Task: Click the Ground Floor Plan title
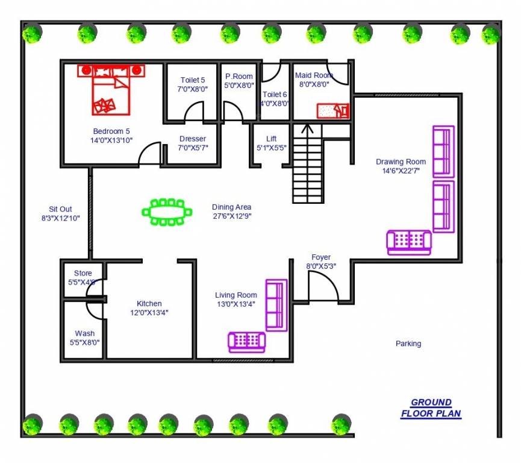pos(431,408)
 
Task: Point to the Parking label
pos(408,344)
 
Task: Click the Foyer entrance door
pos(323,287)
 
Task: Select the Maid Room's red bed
pos(332,111)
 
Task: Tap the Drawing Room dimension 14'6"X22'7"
pos(401,171)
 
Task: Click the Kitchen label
pos(149,303)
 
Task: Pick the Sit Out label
pos(61,209)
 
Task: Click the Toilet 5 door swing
pos(194,112)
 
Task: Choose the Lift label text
pos(271,139)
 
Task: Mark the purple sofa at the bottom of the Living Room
pos(246,342)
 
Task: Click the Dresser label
pos(192,139)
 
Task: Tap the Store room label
pos(79,273)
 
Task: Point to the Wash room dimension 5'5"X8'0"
pos(84,342)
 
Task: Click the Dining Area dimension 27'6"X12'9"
pos(231,215)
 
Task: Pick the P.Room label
pos(239,77)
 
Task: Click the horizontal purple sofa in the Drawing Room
pos(409,242)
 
